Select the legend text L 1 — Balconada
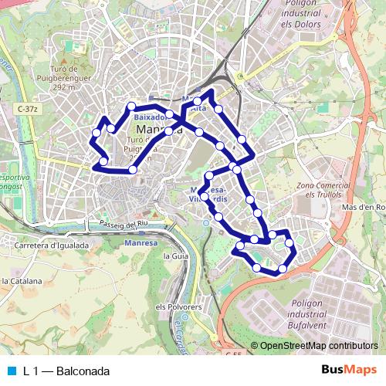(66, 371)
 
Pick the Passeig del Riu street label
(123, 224)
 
